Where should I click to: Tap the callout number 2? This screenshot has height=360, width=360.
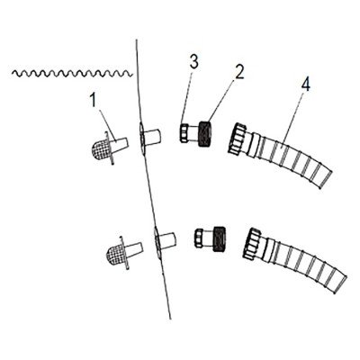click(239, 72)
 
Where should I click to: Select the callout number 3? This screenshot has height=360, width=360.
click(194, 62)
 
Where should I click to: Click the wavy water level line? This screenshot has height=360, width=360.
click(72, 73)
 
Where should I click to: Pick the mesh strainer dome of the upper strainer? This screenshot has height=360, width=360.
click(101, 149)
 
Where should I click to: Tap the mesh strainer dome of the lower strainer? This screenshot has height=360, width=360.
click(115, 255)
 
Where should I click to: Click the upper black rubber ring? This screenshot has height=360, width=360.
click(205, 133)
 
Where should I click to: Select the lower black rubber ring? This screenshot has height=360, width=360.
click(219, 238)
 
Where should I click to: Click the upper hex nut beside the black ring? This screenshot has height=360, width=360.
click(186, 133)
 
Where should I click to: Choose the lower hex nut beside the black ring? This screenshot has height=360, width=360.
click(201, 238)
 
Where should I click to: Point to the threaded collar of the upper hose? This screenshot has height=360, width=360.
click(237, 139)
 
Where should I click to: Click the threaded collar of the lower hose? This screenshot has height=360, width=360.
click(252, 243)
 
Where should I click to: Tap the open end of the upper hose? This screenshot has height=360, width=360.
click(326, 179)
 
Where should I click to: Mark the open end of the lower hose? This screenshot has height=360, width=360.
click(340, 284)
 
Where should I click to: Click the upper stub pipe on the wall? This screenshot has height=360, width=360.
click(152, 137)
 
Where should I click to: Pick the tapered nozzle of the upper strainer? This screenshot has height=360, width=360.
click(120, 145)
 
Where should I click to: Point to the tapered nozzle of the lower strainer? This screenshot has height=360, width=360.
click(134, 250)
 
